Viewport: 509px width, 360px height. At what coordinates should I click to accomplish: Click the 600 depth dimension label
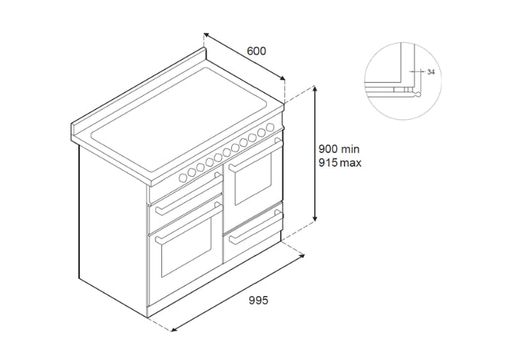click(257, 51)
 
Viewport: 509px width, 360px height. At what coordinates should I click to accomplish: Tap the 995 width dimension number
click(258, 300)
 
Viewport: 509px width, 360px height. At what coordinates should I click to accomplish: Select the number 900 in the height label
click(328, 149)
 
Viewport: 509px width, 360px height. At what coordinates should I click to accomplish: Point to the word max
click(350, 163)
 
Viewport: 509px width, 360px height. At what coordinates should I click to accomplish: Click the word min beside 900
click(350, 149)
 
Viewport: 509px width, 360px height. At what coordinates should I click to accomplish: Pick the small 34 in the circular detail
click(430, 72)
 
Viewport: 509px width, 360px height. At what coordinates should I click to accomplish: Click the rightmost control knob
click(270, 127)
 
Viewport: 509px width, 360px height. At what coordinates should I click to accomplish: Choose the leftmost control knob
click(183, 177)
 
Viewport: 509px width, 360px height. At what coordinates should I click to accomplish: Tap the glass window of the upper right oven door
click(253, 178)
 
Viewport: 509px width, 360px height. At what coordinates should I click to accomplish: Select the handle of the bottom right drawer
click(255, 227)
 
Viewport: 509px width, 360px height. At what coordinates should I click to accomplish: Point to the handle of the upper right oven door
click(255, 154)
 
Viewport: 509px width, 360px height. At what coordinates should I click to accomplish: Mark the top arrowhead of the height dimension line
click(314, 89)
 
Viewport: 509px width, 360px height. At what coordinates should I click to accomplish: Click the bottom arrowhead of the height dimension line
click(314, 219)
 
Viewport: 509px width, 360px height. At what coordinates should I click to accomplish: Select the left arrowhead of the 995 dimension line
click(174, 329)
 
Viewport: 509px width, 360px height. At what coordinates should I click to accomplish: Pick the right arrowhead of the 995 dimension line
click(302, 257)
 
